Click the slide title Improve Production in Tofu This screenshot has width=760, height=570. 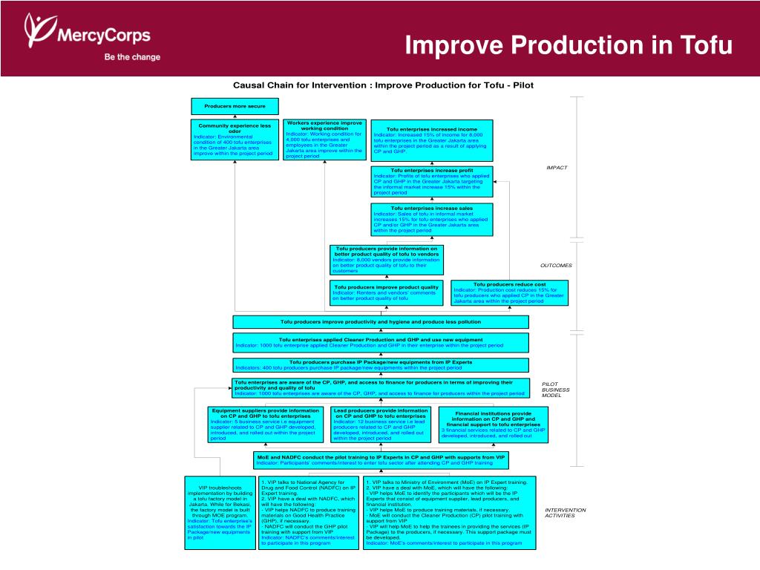[x=569, y=46]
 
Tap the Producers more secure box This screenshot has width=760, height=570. [x=235, y=106]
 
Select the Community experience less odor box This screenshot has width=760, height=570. [x=235, y=140]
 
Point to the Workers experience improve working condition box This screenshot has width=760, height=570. [x=324, y=140]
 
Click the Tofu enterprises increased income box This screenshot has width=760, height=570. [x=431, y=140]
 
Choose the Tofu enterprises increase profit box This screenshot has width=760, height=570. [x=431, y=182]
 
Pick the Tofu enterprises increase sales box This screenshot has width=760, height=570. [x=431, y=220]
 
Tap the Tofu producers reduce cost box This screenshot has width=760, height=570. [x=509, y=292]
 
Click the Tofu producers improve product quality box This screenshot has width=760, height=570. [x=386, y=292]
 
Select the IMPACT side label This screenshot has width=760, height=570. [x=556, y=168]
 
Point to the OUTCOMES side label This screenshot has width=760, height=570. [x=556, y=265]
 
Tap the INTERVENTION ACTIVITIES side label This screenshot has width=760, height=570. [x=566, y=513]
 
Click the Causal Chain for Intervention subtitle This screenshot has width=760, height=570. [x=383, y=85]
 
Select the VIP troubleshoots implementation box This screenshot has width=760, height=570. [x=220, y=512]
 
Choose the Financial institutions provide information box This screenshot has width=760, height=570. [x=494, y=425]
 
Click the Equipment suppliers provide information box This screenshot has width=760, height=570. [x=265, y=425]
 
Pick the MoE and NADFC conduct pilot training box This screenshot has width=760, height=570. [x=381, y=460]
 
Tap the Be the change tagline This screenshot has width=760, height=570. [x=132, y=57]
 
